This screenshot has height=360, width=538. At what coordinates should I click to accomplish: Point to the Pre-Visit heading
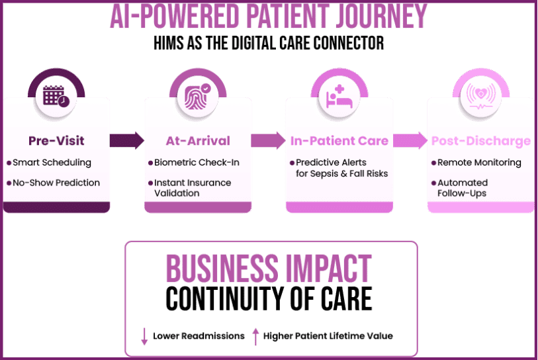pyautogui.click(x=56, y=140)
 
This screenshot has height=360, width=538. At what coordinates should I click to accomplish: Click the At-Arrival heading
pyautogui.click(x=198, y=140)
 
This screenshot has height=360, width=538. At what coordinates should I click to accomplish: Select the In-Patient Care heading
pyautogui.click(x=339, y=140)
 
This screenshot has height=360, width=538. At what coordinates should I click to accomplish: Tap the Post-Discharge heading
pyautogui.click(x=480, y=140)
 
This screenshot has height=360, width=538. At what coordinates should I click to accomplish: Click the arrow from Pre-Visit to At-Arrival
pyautogui.click(x=127, y=140)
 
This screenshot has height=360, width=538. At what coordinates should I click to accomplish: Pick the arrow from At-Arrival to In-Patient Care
pyautogui.click(x=268, y=140)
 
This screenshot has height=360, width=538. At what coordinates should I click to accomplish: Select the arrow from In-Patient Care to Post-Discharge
pyautogui.click(x=410, y=140)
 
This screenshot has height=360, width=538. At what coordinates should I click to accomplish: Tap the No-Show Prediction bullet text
pyautogui.click(x=56, y=183)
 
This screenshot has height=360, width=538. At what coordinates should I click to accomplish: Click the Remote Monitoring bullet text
pyautogui.click(x=479, y=162)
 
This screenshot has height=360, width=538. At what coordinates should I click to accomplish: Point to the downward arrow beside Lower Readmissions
pyautogui.click(x=144, y=336)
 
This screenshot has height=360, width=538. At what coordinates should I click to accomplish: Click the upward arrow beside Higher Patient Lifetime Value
pyautogui.click(x=255, y=336)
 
